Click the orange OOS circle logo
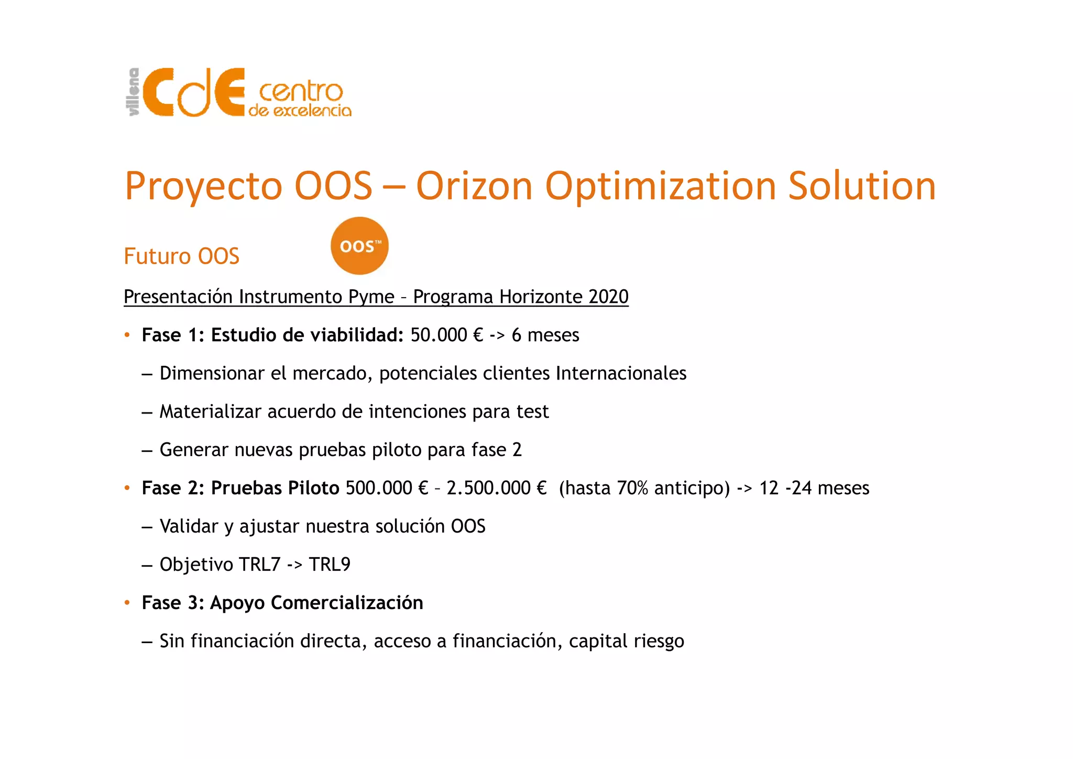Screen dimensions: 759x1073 pyautogui.click(x=359, y=246)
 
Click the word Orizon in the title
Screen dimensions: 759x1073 pyautogui.click(x=474, y=186)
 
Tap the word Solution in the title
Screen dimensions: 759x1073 pyautogui.click(x=862, y=186)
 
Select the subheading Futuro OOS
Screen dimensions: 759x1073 pyautogui.click(x=181, y=256)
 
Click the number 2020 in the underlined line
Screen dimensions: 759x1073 pyautogui.click(x=608, y=297)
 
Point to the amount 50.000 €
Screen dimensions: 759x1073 pyautogui.click(x=446, y=335)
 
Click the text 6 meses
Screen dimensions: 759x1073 pyautogui.click(x=545, y=335)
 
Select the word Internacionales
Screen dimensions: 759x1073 pyautogui.click(x=621, y=373)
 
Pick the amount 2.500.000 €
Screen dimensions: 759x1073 pyautogui.click(x=496, y=488)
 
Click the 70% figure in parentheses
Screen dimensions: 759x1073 pyautogui.click(x=632, y=488)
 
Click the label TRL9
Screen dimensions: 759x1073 pyautogui.click(x=330, y=565)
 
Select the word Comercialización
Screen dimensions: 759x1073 pyautogui.click(x=347, y=603)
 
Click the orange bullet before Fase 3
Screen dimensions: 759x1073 pyautogui.click(x=127, y=603)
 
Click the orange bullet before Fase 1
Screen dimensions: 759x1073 pyautogui.click(x=127, y=335)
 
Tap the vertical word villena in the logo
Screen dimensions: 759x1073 pyautogui.click(x=134, y=92)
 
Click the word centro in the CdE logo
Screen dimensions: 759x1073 pyautogui.click(x=301, y=92)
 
